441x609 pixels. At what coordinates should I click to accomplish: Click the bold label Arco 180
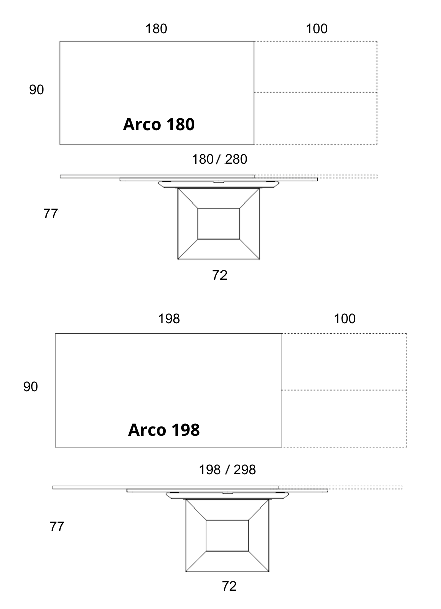(159, 124)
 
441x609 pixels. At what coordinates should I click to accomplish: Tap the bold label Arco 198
(164, 430)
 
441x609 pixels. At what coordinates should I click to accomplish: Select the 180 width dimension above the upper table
(156, 29)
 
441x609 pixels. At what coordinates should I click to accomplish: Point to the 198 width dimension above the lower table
(169, 319)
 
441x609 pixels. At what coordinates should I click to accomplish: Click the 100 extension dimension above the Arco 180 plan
(317, 29)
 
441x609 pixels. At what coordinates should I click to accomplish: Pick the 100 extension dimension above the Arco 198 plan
(345, 319)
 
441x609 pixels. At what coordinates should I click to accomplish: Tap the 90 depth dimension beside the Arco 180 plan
(36, 90)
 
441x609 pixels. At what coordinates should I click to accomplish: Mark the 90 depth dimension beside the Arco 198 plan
(31, 387)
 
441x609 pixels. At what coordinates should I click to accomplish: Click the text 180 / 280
(219, 159)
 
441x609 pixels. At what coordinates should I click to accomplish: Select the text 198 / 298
(228, 470)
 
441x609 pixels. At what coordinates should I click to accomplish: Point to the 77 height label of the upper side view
(51, 214)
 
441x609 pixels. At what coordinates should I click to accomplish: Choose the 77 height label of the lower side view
(57, 527)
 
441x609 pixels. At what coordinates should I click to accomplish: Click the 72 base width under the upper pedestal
(220, 275)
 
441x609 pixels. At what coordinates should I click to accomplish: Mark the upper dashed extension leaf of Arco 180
(315, 67)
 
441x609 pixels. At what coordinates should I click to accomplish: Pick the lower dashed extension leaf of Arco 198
(344, 419)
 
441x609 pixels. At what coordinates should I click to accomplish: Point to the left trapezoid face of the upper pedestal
(188, 224)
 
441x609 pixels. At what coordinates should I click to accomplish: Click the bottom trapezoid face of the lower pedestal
(228, 561)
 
